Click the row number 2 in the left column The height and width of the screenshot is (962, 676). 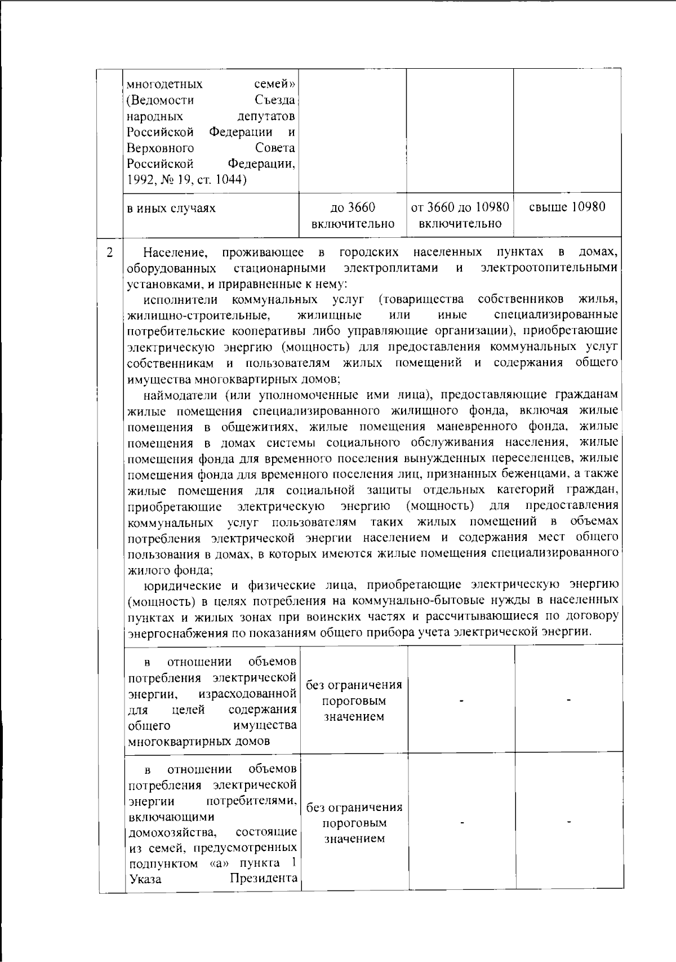[110, 252]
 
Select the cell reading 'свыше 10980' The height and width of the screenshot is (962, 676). [567, 207]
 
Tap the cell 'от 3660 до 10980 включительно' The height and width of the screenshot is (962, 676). [460, 215]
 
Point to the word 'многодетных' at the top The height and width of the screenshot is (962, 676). [165, 85]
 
